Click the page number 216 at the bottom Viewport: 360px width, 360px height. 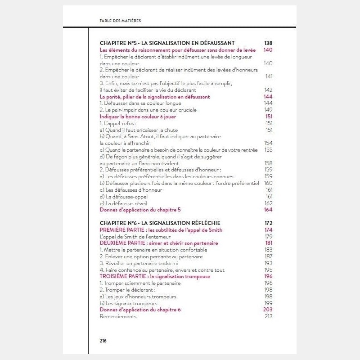103,341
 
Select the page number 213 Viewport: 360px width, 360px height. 269,316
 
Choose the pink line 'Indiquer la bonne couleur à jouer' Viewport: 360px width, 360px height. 138,117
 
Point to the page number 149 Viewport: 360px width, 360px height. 269,110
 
